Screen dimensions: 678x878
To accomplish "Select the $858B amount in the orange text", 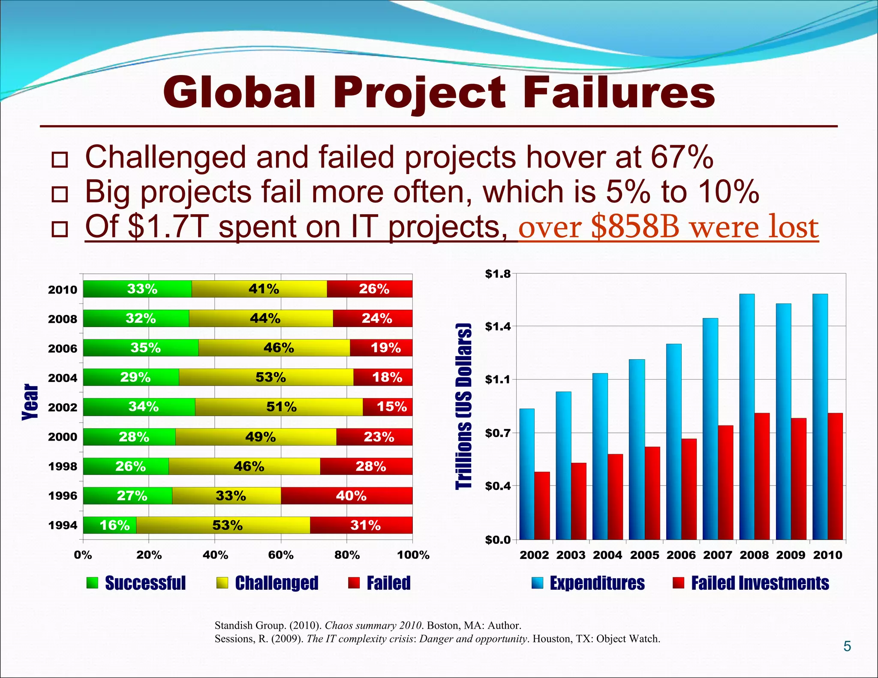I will (x=635, y=227).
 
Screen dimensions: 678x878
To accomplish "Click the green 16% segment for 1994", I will (x=110, y=525).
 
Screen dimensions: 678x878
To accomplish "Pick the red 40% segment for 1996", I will (x=346, y=496).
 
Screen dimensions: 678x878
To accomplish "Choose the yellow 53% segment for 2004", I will (x=266, y=377).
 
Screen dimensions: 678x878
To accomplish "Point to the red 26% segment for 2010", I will (x=370, y=289).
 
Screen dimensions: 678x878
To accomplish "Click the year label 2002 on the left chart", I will (x=63, y=407).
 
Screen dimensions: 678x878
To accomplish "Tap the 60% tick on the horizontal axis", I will (x=281, y=555).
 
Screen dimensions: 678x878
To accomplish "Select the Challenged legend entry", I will (x=277, y=583).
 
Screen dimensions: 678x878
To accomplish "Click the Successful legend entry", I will (x=145, y=583).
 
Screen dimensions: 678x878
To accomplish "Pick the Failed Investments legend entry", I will (x=759, y=583).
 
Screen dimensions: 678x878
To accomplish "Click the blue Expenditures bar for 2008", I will (x=747, y=416).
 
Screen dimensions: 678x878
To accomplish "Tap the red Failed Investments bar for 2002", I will (x=542, y=506).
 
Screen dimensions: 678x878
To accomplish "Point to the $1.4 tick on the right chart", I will (x=498, y=327).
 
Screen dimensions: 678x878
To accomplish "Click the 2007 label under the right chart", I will (x=718, y=555).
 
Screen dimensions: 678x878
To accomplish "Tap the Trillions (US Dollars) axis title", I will (x=463, y=406).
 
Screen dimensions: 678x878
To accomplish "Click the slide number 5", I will (x=847, y=646).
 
